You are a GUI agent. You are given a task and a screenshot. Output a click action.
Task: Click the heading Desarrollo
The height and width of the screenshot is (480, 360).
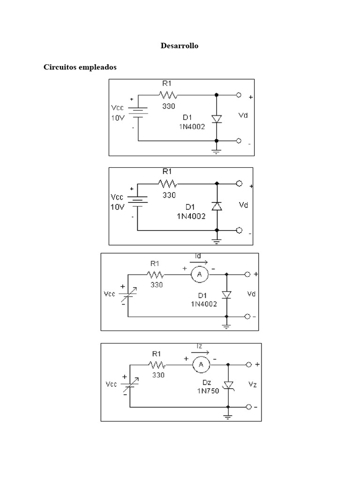(180, 46)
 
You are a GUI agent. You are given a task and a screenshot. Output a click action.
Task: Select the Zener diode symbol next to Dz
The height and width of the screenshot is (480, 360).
(228, 385)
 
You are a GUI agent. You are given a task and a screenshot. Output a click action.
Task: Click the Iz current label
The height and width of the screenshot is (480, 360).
(200, 346)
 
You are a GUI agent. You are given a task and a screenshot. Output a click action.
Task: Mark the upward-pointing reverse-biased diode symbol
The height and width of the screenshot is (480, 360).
(216, 206)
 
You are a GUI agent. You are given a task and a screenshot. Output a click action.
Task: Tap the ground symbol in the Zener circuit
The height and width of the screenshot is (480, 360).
(228, 416)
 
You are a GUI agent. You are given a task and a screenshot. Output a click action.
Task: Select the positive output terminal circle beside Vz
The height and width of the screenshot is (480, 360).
(249, 364)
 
